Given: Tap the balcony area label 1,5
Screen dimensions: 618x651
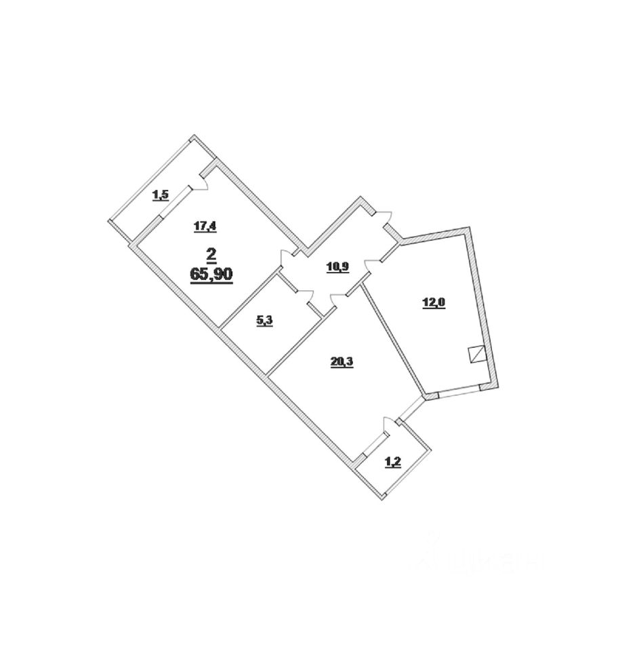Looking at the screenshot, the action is pyautogui.click(x=161, y=196).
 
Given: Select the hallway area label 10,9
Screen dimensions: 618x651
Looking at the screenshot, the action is pyautogui.click(x=337, y=267).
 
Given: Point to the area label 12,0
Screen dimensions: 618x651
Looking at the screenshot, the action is pyautogui.click(x=434, y=302).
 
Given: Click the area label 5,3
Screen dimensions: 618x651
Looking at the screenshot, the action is pyautogui.click(x=264, y=321).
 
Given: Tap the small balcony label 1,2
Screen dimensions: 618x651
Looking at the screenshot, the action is pyautogui.click(x=392, y=462).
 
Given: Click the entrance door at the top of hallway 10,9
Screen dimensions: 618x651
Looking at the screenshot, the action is pyautogui.click(x=384, y=218).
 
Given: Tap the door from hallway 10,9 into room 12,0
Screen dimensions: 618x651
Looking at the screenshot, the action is pyautogui.click(x=372, y=264).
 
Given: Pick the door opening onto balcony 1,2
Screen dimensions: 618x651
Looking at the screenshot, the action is pyautogui.click(x=388, y=427).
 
